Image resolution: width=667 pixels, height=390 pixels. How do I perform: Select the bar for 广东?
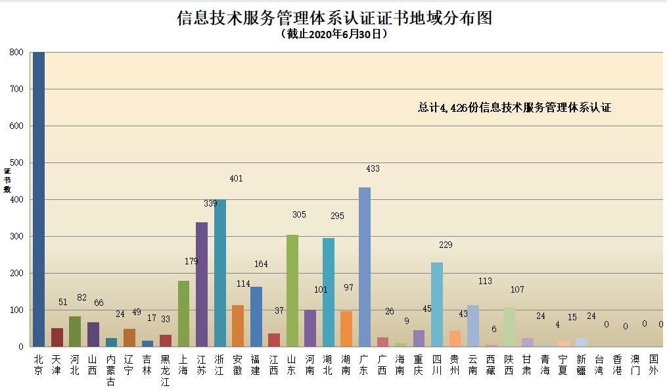pyautogui.click(x=364, y=267)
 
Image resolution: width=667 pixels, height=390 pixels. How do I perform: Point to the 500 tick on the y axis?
pyautogui.click(x=16, y=162)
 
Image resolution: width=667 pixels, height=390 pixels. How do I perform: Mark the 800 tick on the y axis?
pyautogui.click(x=16, y=53)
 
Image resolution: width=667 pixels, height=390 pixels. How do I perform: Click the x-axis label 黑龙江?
pyautogui.click(x=166, y=370)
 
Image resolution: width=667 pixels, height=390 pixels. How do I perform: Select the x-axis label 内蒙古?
pyautogui.click(x=111, y=370)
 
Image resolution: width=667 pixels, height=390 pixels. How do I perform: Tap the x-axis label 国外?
pyautogui.click(x=653, y=365)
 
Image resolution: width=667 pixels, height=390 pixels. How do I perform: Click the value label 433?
pyautogui.click(x=373, y=169)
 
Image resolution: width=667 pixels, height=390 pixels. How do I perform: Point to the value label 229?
pyautogui.click(x=446, y=245)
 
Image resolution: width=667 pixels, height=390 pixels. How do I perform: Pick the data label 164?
pyautogui.click(x=261, y=264)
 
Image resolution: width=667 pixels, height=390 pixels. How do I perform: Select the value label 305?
pyautogui.click(x=298, y=214)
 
